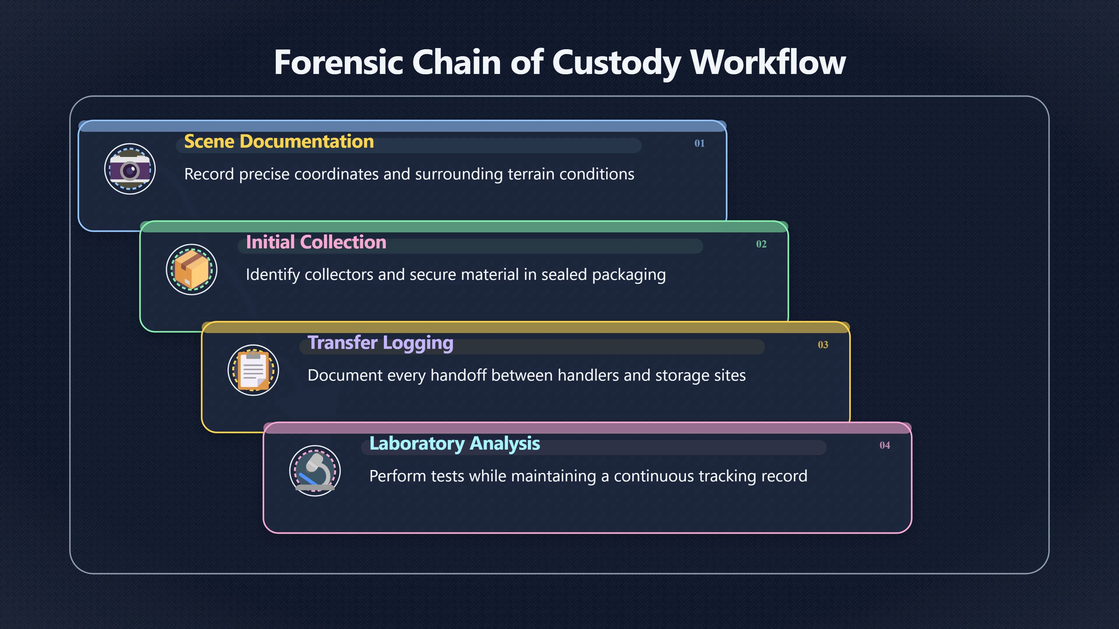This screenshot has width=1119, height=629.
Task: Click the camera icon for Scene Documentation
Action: (130, 169)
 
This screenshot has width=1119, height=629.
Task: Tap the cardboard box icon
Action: (191, 270)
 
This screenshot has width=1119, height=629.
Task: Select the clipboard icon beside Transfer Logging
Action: (253, 370)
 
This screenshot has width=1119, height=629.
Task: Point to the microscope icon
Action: (315, 471)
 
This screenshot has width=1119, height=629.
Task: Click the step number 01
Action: (699, 143)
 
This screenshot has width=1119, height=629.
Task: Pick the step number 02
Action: (761, 244)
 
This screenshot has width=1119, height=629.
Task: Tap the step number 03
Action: (823, 345)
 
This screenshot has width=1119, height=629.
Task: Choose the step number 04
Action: (884, 445)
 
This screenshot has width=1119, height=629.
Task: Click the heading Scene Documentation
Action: (279, 142)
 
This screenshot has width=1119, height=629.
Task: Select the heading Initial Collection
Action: (316, 242)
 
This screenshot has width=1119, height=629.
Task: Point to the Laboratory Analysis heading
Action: (454, 444)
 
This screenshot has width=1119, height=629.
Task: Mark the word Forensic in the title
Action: (339, 62)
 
